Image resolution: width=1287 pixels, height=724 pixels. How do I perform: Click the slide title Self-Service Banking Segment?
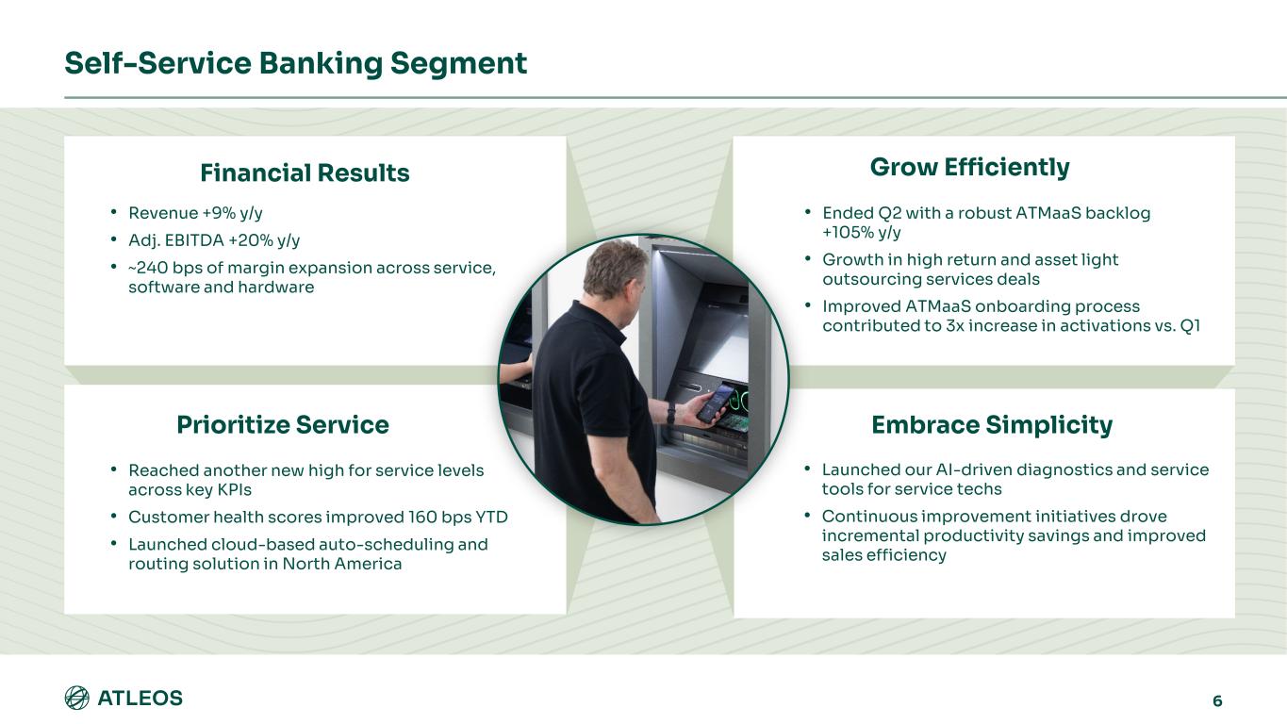click(295, 63)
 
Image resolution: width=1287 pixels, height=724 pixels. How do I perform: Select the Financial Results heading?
click(305, 173)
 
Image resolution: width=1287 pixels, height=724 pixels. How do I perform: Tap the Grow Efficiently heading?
click(969, 168)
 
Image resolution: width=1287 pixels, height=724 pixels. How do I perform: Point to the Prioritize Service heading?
click(283, 425)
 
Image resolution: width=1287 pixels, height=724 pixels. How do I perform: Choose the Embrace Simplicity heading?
click(992, 425)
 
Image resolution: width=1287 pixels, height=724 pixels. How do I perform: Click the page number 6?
click(1217, 700)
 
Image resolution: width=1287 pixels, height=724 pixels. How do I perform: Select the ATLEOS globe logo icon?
click(77, 698)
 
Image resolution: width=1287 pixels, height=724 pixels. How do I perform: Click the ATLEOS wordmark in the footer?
click(140, 699)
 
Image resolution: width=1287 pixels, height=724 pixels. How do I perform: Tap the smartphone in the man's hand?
click(714, 401)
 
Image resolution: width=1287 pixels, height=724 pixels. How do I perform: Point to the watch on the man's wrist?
click(671, 413)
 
